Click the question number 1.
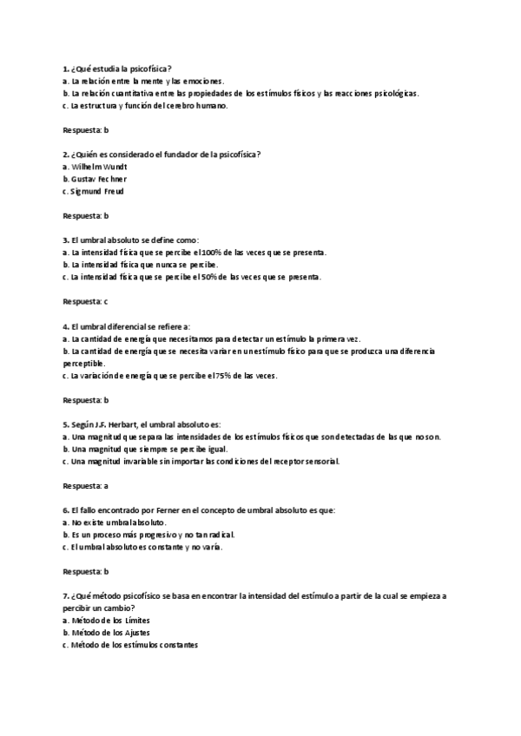point(65,68)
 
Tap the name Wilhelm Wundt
point(96,166)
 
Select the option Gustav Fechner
point(96,178)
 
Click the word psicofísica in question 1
point(147,68)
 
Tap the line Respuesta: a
point(85,486)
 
